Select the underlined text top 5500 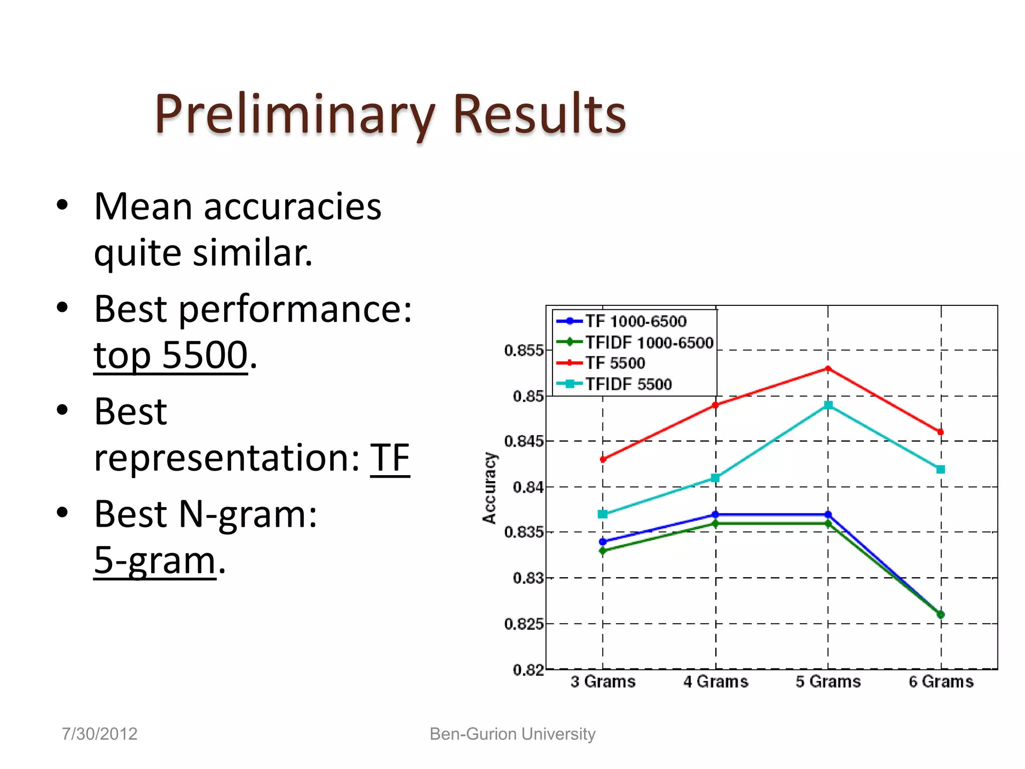point(171,355)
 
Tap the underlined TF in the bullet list point(390,458)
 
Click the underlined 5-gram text point(155,560)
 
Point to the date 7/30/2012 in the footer point(100,734)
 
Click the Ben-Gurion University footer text point(512,734)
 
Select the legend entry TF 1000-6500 point(636,321)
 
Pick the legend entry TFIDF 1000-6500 point(649,342)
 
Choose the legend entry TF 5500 point(615,363)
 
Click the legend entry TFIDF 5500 point(629,384)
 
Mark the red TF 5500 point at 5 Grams point(828,369)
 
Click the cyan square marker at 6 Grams point(940,470)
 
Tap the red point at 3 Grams point(603,459)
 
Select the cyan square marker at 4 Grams point(716,478)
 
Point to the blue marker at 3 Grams point(603,542)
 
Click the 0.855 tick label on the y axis point(524,350)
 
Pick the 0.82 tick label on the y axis point(528,670)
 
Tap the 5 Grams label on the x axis point(828,682)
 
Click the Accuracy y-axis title point(489,488)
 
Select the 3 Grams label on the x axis point(603,682)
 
